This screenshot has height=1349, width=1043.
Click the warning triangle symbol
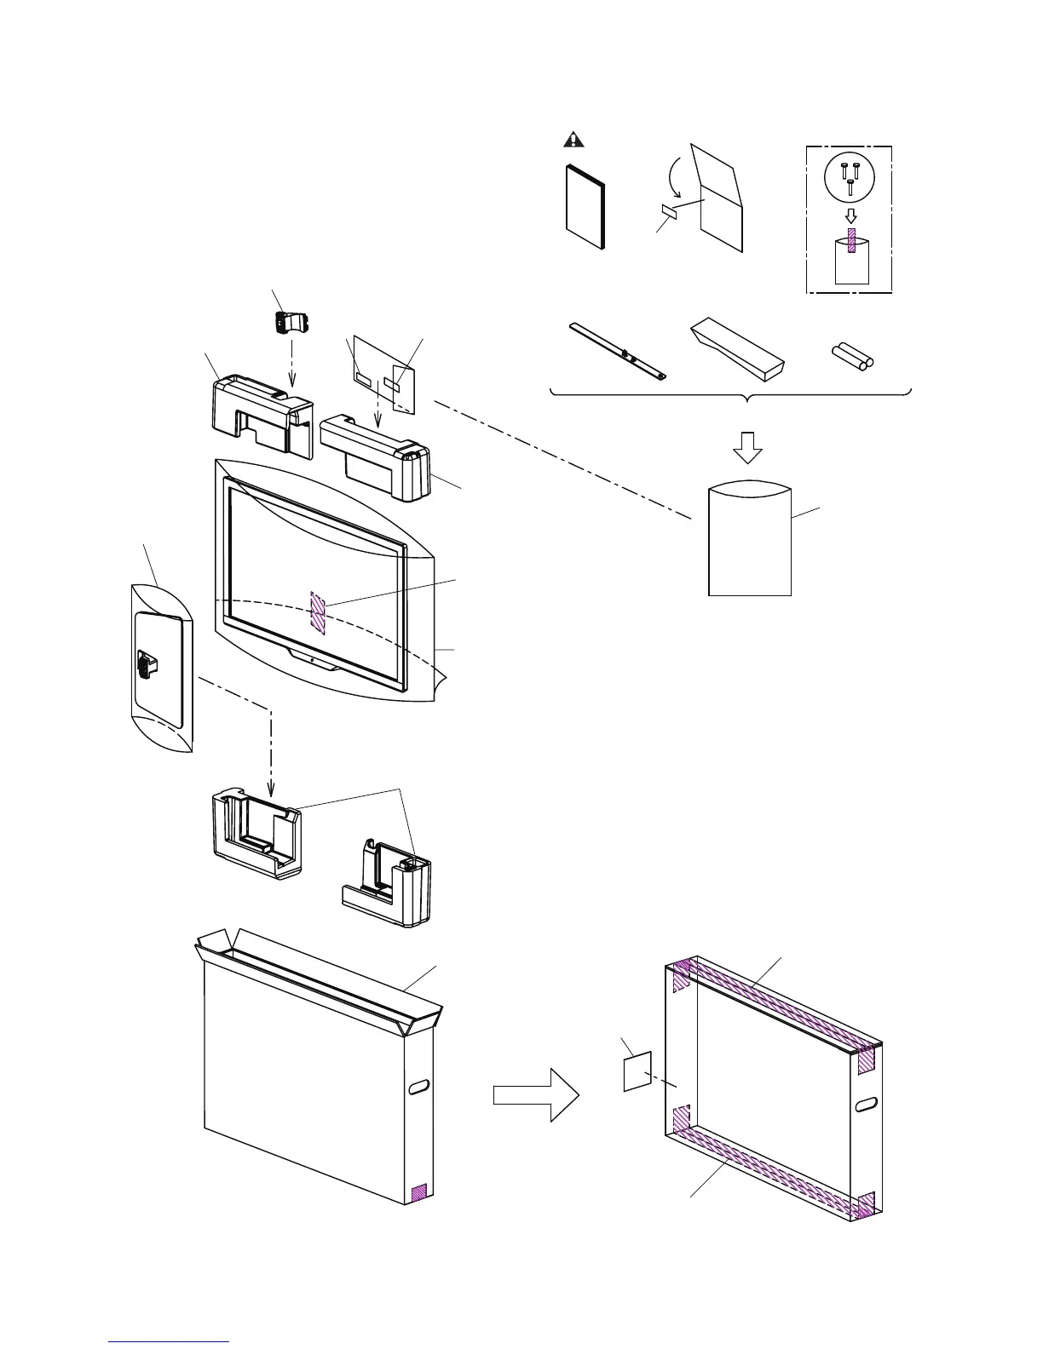(x=575, y=140)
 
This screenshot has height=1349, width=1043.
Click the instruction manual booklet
(x=585, y=206)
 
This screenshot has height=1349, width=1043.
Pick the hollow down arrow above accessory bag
(x=749, y=447)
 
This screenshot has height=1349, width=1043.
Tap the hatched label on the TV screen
(x=318, y=612)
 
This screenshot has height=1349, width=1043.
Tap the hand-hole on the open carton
(x=419, y=1088)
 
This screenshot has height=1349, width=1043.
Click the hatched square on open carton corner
(x=418, y=1192)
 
